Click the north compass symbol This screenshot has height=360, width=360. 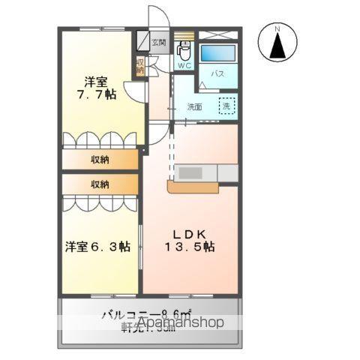click(276, 44)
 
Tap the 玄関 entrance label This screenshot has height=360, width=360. click(159, 43)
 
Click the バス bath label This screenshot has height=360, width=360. click(217, 73)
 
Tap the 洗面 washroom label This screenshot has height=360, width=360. click(195, 106)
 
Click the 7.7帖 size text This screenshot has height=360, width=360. click(99, 95)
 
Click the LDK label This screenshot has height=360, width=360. click(191, 232)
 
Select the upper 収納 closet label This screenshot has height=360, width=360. click(100, 159)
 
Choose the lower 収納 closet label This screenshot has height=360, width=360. click(100, 184)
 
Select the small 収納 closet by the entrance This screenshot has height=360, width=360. click(140, 65)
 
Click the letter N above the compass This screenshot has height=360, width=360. click(276, 29)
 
